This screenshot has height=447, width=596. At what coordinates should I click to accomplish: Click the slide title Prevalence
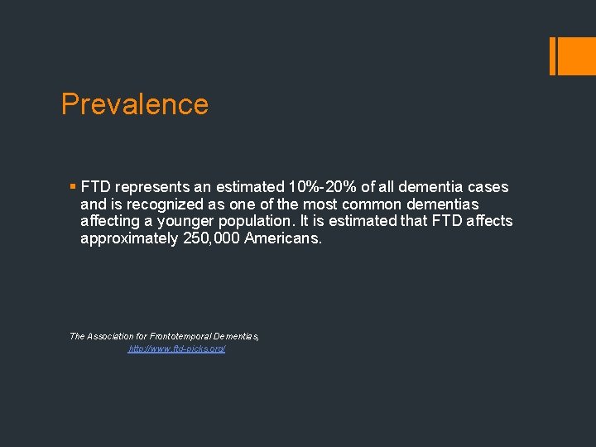(135, 104)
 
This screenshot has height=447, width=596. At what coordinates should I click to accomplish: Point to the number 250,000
(211, 238)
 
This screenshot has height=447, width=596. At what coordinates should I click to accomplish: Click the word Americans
(282, 238)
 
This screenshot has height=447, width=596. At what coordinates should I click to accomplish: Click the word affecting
(113, 221)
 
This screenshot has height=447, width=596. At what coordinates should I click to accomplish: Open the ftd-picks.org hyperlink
(176, 349)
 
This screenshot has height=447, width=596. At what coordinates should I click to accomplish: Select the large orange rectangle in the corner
(576, 55)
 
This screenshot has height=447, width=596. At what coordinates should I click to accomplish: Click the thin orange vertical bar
(553, 55)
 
